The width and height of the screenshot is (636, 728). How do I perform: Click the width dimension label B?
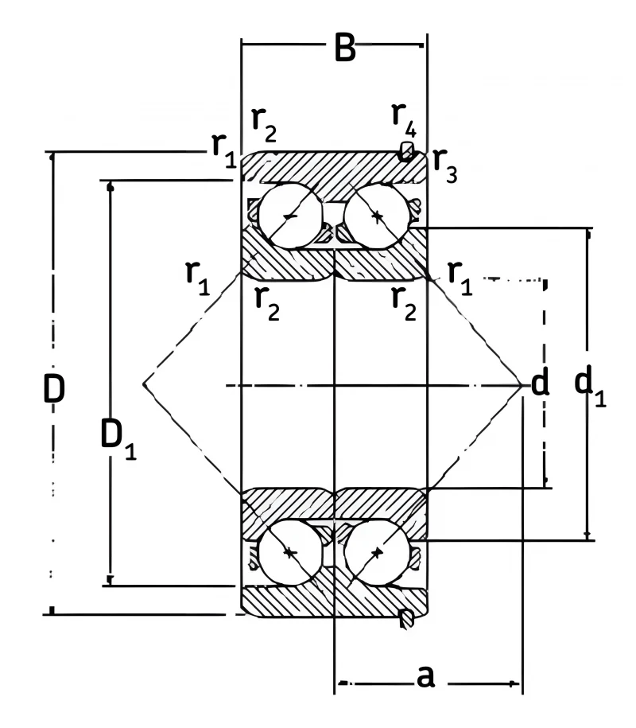pyautogui.click(x=345, y=48)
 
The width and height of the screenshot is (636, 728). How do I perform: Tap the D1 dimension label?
pyautogui.click(x=118, y=438)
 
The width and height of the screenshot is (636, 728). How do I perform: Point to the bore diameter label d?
pyautogui.click(x=540, y=382)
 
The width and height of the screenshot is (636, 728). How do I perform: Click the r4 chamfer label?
pyautogui.click(x=404, y=119)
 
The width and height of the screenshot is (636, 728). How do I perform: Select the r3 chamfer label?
pyautogui.click(x=445, y=165)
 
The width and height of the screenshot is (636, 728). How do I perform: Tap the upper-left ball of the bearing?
pyautogui.click(x=290, y=216)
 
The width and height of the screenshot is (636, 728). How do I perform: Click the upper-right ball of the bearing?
pyautogui.click(x=377, y=216)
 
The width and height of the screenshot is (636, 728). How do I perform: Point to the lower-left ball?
pyautogui.click(x=290, y=552)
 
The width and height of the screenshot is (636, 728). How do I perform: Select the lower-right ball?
pyautogui.click(x=377, y=552)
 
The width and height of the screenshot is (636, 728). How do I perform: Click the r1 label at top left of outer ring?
pyautogui.click(x=224, y=150)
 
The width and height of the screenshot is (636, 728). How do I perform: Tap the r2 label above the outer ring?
pyautogui.click(x=264, y=124)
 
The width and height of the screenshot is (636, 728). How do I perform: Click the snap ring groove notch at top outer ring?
pyautogui.click(x=406, y=151)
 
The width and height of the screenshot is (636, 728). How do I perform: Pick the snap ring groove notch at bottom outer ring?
pyautogui.click(x=406, y=618)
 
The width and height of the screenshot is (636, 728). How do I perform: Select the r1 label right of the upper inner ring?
pyautogui.click(x=460, y=278)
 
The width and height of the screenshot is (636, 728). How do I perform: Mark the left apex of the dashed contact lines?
pyautogui.click(x=143, y=384)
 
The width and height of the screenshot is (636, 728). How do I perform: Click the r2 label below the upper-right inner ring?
pyautogui.click(x=404, y=304)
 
